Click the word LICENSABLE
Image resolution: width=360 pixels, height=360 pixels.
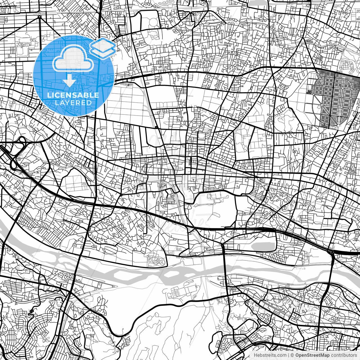(73, 95)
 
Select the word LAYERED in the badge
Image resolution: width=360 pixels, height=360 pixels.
(73, 103)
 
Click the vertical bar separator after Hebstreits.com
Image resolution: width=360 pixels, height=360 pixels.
(289, 355)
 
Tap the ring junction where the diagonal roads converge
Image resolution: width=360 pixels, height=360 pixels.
(40, 17)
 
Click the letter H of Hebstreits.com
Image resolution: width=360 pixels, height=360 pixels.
(255, 355)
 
